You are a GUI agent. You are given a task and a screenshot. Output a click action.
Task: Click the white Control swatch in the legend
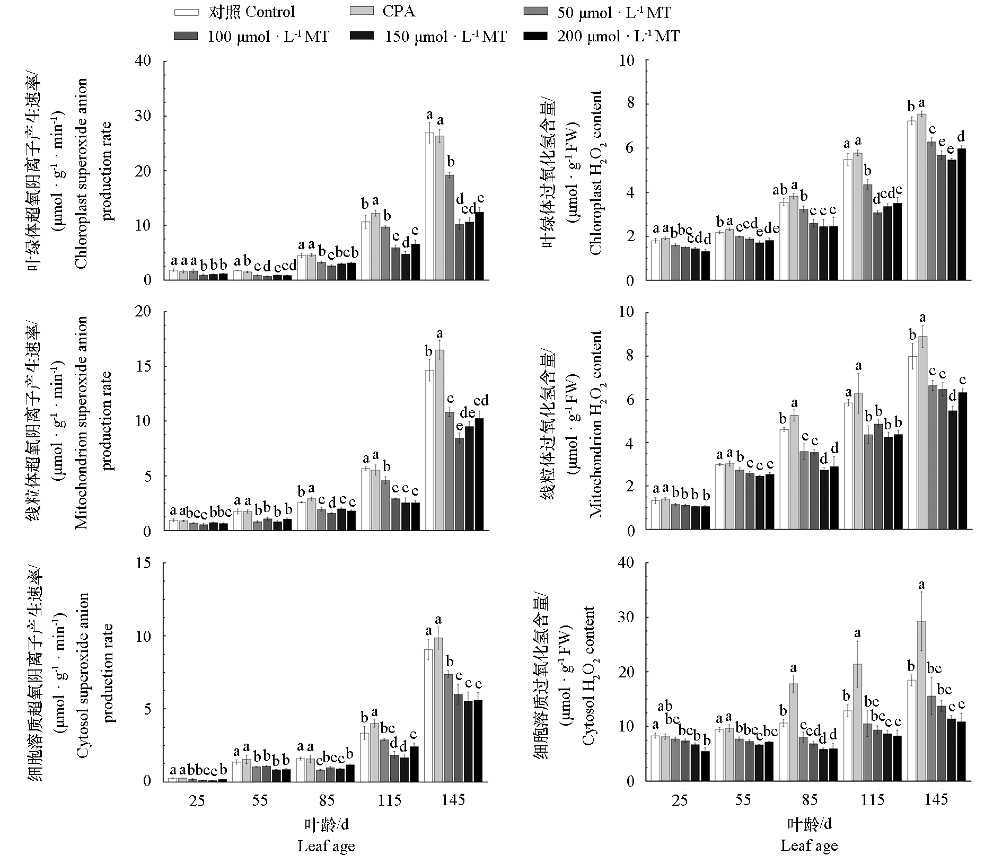point(186,12)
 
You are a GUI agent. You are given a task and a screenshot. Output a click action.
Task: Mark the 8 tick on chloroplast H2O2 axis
point(629,104)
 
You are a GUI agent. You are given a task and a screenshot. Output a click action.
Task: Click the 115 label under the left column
point(389,800)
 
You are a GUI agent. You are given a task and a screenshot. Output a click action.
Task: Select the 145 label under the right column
point(936,799)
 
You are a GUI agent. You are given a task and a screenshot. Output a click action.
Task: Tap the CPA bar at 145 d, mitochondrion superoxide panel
point(440,440)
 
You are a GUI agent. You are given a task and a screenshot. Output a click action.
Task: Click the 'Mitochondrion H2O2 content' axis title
point(595,424)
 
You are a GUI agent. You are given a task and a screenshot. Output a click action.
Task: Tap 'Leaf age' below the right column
point(809,846)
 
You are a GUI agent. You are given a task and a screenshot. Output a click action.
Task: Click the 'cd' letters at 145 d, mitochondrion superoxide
point(481,401)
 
